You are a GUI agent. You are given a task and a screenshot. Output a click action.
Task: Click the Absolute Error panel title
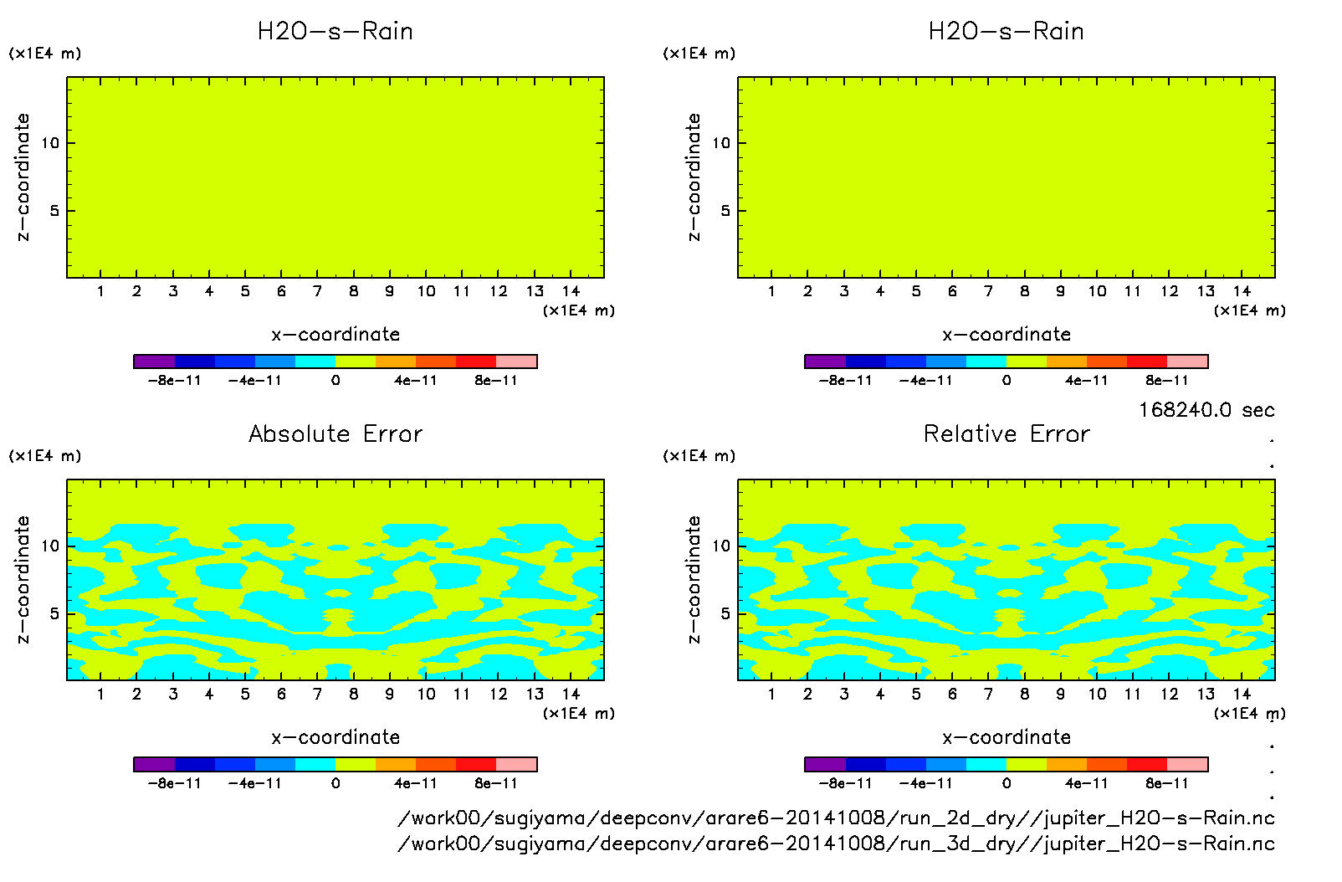point(335,433)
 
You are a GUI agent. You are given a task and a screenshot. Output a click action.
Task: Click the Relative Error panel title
point(1006,433)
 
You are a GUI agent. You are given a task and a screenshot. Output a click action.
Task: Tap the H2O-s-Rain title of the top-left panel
point(335,31)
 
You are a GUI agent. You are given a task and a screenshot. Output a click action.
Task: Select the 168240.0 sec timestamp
point(1206,410)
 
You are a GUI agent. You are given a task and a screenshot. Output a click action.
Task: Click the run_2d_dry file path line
point(836,818)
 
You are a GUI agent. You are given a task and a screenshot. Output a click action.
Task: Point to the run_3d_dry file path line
point(836,844)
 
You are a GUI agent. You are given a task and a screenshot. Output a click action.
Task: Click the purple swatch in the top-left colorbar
point(154,362)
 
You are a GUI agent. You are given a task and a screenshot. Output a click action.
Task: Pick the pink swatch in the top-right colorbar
point(1187,362)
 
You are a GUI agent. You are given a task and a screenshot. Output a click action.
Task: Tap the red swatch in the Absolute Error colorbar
point(476,764)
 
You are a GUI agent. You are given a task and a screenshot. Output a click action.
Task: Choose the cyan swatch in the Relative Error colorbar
point(986,764)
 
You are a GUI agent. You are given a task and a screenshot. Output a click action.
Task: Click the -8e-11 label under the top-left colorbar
point(174,381)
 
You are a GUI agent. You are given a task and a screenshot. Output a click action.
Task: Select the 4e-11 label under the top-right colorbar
point(1086,381)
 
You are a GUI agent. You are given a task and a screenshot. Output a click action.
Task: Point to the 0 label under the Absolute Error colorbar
point(335,783)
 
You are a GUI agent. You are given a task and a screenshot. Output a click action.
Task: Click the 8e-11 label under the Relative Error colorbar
point(1166,783)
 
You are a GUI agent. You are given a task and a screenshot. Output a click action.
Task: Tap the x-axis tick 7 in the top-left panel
point(317,291)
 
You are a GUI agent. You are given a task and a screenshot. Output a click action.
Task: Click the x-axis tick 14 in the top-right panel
point(1242,291)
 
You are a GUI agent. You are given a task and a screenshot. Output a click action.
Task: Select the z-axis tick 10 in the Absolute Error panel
point(50,546)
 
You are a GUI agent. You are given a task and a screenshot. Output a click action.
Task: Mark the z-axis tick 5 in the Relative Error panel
point(725,613)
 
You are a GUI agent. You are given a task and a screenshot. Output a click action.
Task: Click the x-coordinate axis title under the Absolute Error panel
point(335,737)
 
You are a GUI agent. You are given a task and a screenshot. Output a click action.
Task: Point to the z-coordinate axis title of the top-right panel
point(694,177)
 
